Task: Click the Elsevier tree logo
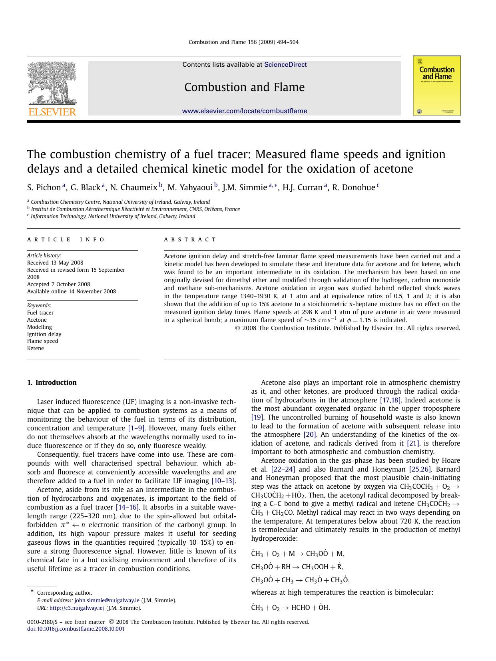(52, 84)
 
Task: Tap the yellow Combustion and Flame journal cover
(436, 86)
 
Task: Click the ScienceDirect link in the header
(285, 65)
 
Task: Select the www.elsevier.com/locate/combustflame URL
(245, 111)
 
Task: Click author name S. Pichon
(44, 187)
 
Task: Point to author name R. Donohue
(354, 187)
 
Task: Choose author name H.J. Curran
(303, 187)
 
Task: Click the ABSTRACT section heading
(190, 240)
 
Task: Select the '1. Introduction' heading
(52, 382)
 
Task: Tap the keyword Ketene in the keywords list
(36, 348)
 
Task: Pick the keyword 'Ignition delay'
(44, 334)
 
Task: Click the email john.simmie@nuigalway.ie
(107, 600)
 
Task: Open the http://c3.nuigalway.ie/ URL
(77, 608)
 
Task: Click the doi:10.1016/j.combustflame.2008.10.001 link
(76, 629)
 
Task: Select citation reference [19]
(257, 417)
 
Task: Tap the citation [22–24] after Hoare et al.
(283, 469)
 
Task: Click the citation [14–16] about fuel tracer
(127, 507)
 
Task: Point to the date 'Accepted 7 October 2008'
(59, 284)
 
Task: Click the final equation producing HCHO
(291, 607)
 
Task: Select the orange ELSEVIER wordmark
(52, 112)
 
